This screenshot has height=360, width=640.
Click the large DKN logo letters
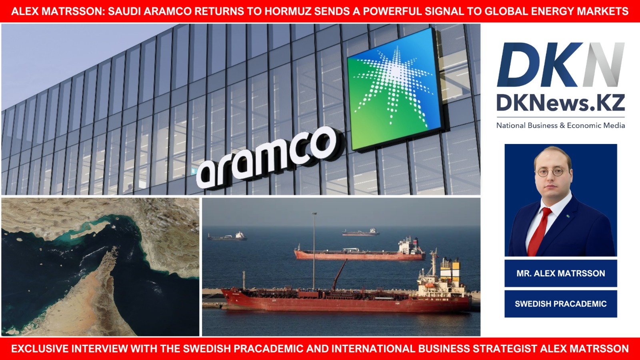(x=560, y=64)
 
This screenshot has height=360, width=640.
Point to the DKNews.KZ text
(x=560, y=103)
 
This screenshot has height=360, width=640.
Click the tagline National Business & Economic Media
(x=560, y=126)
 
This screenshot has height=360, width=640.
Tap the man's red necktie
(x=538, y=232)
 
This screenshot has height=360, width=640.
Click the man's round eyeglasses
(x=550, y=172)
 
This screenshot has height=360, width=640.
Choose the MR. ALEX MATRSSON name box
(x=560, y=273)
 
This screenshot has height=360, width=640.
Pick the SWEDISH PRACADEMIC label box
(x=560, y=304)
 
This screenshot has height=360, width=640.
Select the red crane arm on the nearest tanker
(x=340, y=274)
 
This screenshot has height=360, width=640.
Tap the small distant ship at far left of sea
(x=227, y=236)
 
